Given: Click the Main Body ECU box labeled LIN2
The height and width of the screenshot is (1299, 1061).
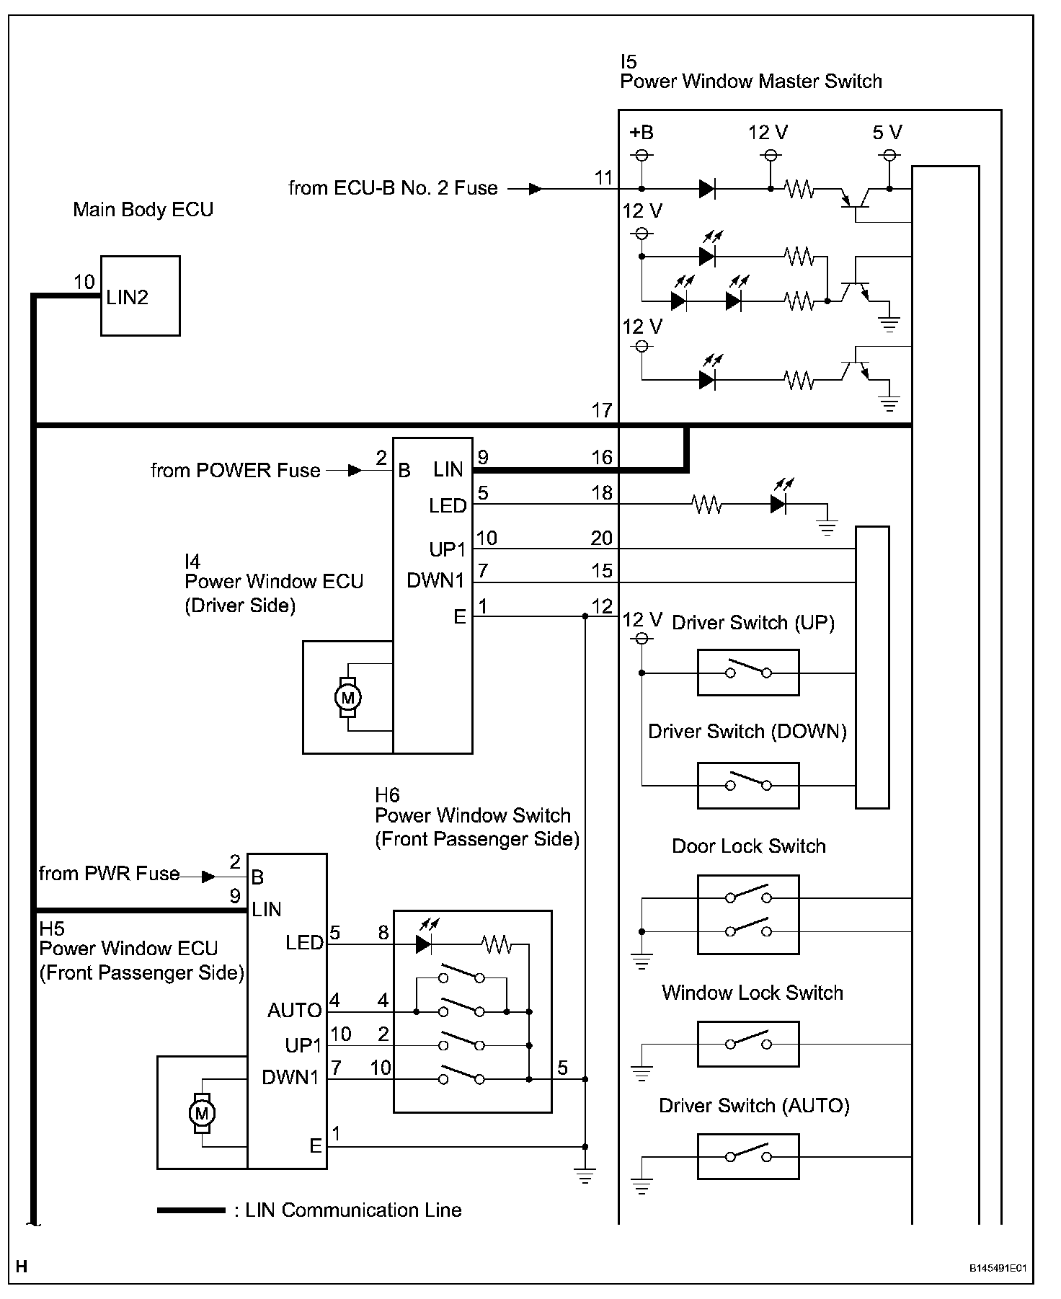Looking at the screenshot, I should tap(140, 296).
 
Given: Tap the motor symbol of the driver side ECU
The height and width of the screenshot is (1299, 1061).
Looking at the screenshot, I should tap(348, 697).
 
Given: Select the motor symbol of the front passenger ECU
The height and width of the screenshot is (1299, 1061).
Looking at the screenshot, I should tap(202, 1113).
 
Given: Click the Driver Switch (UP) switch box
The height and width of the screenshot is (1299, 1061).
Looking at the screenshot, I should tap(747, 673).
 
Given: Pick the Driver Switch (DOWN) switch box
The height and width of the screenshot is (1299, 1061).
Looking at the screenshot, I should tap(747, 785).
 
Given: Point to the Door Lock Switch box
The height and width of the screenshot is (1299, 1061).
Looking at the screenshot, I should tap(747, 914).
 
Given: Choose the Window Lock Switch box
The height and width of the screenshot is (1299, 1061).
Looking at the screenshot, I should tap(747, 1043).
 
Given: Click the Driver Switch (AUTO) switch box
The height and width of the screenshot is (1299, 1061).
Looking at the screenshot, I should tap(747, 1156).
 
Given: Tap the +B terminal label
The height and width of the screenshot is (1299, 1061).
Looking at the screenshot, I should tap(641, 133).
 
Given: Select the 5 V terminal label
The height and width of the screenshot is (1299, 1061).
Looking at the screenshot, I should tap(887, 133).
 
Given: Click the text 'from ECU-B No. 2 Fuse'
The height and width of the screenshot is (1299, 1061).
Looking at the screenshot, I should tap(393, 188).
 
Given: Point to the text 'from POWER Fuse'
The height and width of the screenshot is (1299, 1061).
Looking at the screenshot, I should tap(235, 471).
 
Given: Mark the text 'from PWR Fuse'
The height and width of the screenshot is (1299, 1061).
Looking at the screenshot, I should tap(109, 874).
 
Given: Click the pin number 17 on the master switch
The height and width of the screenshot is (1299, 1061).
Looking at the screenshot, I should tap(601, 411).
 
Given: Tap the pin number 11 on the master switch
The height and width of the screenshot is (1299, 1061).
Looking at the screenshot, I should tap(603, 177).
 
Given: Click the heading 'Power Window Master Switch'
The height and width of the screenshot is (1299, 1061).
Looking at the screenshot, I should tap(750, 81).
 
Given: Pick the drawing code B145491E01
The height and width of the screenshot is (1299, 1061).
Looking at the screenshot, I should tap(997, 1268).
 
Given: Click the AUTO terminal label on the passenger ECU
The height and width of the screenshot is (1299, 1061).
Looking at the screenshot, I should tap(294, 1011).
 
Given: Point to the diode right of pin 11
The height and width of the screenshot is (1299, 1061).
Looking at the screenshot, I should tap(707, 189).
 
